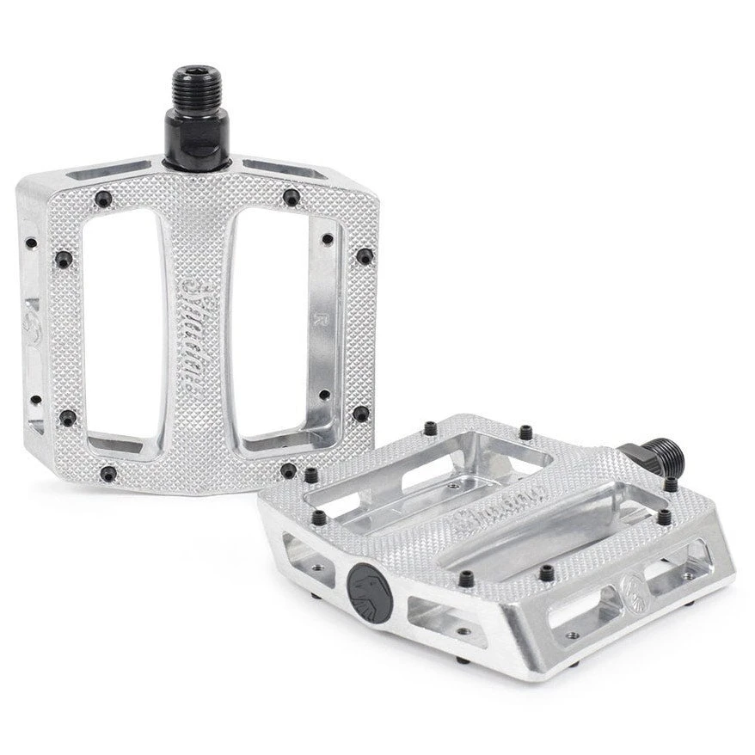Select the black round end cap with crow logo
370,593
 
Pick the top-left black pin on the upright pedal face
103,199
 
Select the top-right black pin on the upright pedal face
292,197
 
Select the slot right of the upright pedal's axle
284,169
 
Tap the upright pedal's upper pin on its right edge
364,256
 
